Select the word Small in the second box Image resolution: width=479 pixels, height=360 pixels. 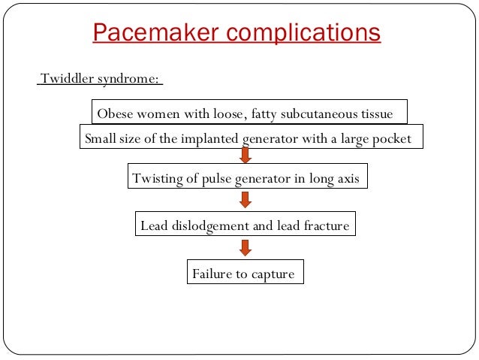tap(100, 139)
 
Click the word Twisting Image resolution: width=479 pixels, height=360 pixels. tap(157, 179)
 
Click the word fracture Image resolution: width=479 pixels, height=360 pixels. tap(326, 225)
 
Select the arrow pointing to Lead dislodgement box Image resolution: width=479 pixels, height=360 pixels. tap(244, 201)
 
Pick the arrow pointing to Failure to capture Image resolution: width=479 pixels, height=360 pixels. tap(244, 247)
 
